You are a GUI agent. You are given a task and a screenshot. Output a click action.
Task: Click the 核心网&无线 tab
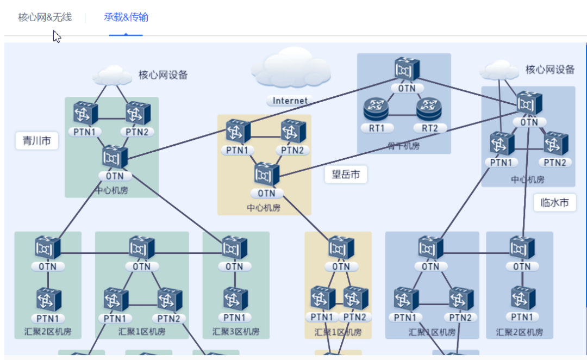click(x=45, y=17)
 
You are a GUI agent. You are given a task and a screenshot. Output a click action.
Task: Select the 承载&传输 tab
click(x=126, y=17)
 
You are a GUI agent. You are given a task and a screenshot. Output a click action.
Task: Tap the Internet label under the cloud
click(x=290, y=101)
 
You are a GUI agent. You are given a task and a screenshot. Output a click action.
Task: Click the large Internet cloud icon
click(x=291, y=68)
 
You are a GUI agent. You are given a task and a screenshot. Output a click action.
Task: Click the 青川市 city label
click(x=36, y=141)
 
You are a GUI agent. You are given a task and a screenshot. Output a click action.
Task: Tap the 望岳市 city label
click(x=346, y=175)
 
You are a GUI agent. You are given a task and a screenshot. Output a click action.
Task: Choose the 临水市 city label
click(x=554, y=203)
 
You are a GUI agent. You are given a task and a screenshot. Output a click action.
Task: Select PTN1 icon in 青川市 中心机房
click(x=86, y=113)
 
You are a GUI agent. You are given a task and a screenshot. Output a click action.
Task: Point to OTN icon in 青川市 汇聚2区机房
click(x=48, y=247)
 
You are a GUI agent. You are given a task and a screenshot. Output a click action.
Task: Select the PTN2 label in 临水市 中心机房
click(x=555, y=163)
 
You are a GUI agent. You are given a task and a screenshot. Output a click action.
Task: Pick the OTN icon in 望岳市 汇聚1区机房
click(x=341, y=247)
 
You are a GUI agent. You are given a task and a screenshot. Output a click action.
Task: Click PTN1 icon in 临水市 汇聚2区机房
click(x=522, y=298)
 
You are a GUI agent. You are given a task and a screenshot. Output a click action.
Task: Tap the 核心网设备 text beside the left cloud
click(x=163, y=75)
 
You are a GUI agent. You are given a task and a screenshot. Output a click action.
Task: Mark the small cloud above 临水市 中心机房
click(x=499, y=70)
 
